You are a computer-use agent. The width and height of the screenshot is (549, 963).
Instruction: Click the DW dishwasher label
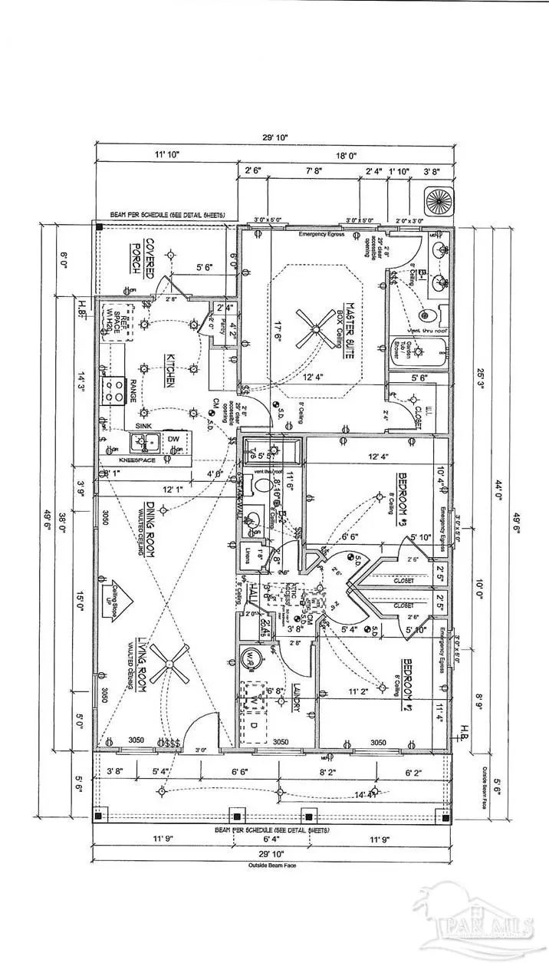[173, 438]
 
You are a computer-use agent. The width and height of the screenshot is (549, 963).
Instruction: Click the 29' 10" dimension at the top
[274, 139]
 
